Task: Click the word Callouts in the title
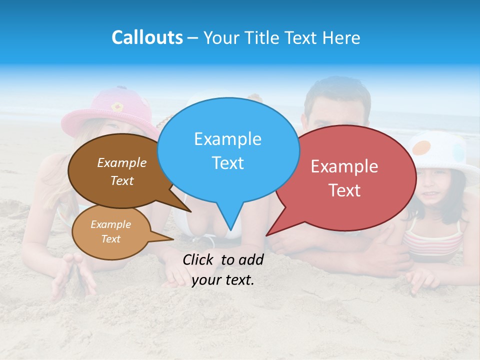147,37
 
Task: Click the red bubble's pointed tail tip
267,235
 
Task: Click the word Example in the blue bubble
227,139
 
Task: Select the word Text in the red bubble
344,190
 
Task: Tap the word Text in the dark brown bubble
122,180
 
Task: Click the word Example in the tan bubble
110,224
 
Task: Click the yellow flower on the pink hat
117,106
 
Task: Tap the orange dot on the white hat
423,147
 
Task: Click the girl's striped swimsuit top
433,240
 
